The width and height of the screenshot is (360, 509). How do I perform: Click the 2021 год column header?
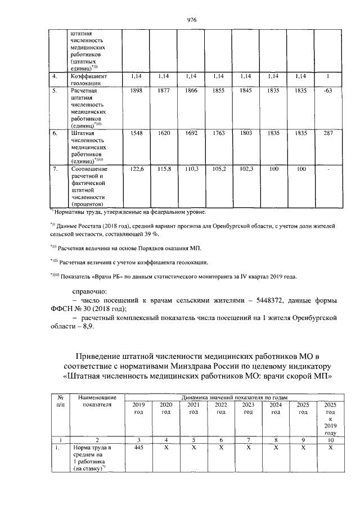click(x=193, y=409)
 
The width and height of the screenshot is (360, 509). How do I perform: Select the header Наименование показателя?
click(x=94, y=401)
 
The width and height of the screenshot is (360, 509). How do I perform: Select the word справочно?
click(x=93, y=290)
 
